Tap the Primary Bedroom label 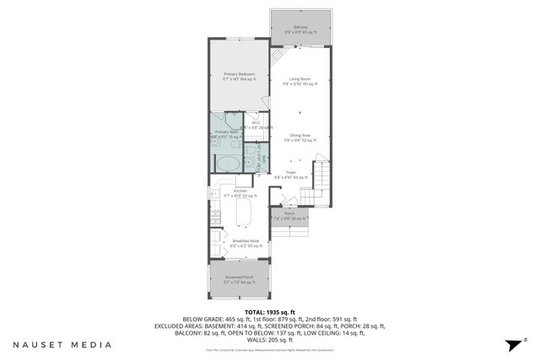pos(240,75)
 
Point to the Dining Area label pos(300,137)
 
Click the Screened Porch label pos(240,278)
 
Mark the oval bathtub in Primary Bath pos(226,162)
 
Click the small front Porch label pos(290,216)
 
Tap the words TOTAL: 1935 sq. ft pos(269,312)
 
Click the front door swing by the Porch pos(288,200)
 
